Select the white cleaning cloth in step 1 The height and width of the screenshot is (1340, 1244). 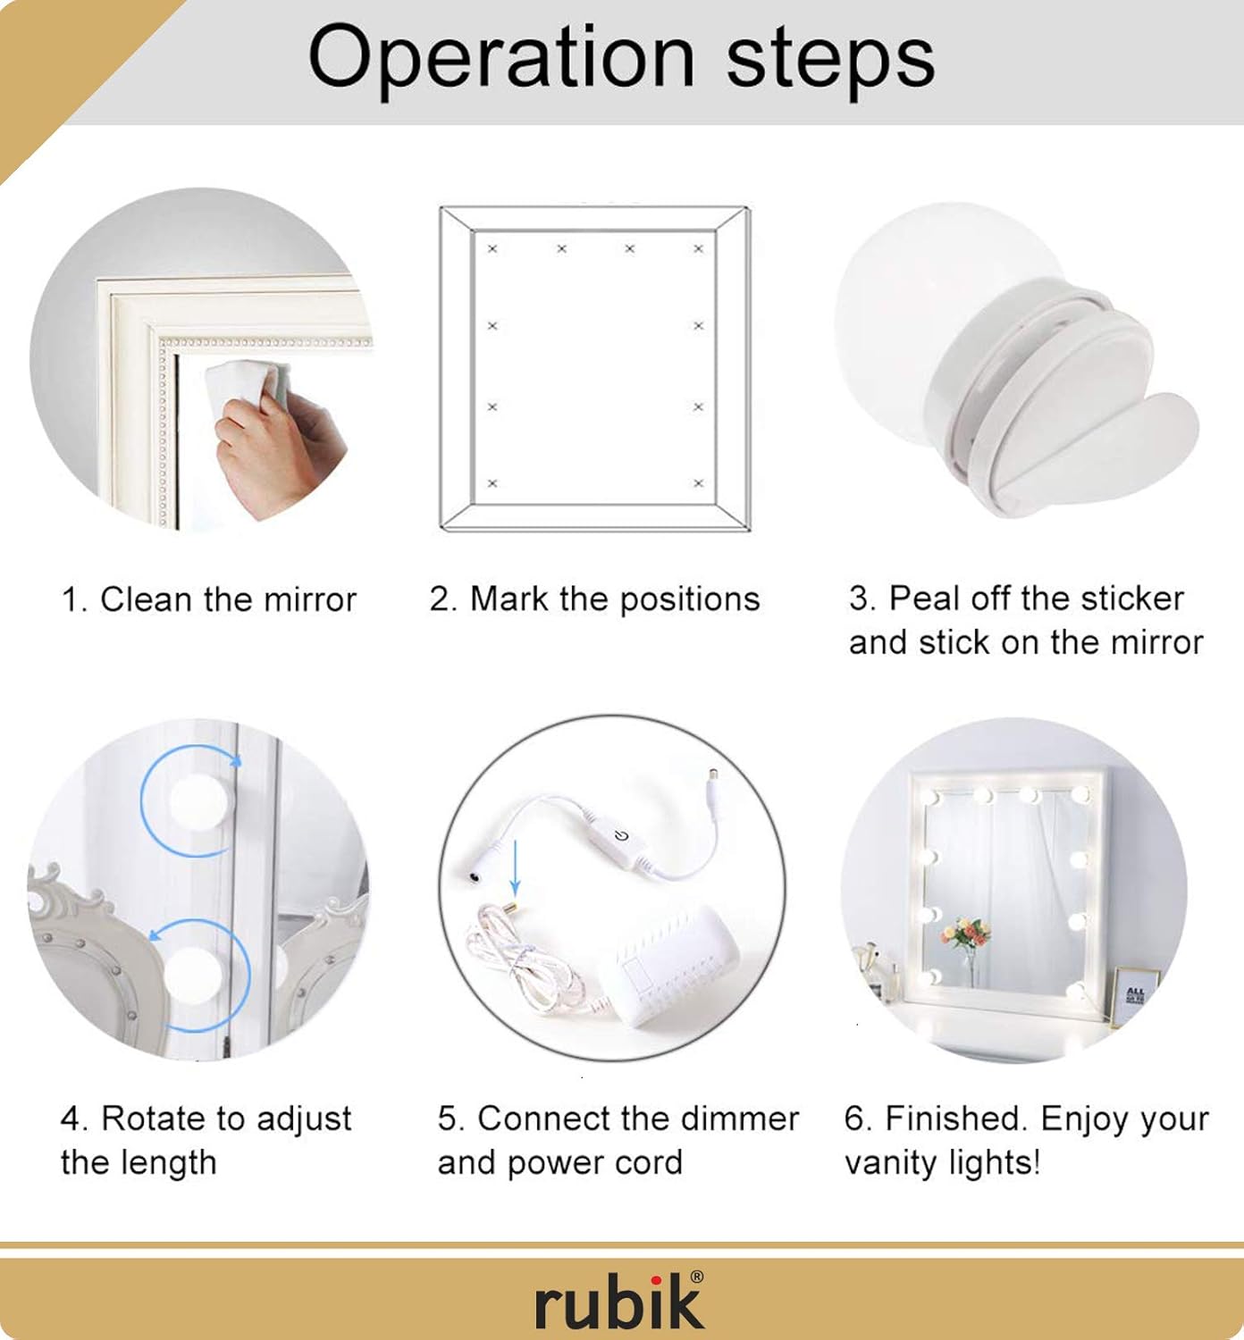pos(248,386)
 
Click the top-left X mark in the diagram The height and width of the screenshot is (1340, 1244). pos(492,249)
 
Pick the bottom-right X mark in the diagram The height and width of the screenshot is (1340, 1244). pos(699,483)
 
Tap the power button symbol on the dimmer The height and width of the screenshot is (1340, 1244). pos(622,837)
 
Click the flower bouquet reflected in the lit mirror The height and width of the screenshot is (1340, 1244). pos(967,934)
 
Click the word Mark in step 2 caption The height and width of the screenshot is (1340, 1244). pos(509,599)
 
